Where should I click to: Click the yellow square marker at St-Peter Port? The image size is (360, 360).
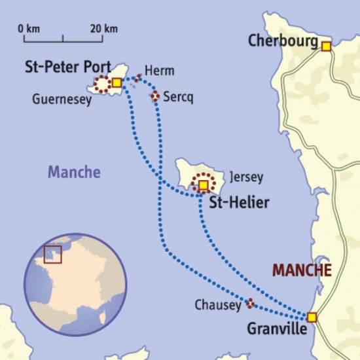pos(116,82)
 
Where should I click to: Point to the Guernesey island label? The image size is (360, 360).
pos(62,100)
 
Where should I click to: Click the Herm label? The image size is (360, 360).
pos(160,71)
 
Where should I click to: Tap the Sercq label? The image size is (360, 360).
pos(179,96)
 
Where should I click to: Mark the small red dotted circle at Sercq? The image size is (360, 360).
pos(155,97)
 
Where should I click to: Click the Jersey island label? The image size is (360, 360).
pos(247,177)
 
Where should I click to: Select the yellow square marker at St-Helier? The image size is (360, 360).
pos(203,185)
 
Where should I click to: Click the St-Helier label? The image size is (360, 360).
pos(238,204)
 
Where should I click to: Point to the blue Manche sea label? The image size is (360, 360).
pos(74,173)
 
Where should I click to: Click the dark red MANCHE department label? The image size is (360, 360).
pos(302,270)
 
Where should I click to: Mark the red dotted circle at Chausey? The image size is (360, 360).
pos(249,303)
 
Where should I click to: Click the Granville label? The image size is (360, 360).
pos(277,330)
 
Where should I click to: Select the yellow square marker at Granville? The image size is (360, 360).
pos(312,317)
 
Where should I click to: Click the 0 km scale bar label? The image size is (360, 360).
pos(30,28)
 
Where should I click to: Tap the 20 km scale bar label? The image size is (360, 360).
pos(104,28)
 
